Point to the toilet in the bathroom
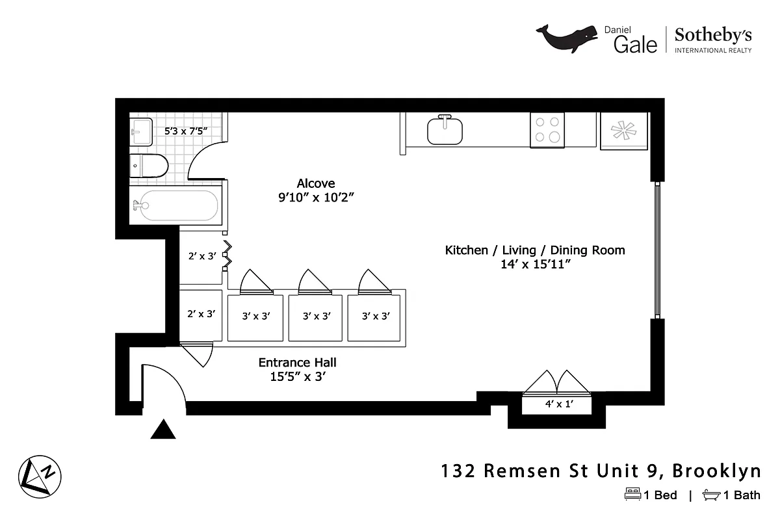148,166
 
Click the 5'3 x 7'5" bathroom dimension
185,131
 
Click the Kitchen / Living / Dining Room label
534,250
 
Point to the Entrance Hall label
297,363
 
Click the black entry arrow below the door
164,430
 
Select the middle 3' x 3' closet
317,317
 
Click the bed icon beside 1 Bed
632,495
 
